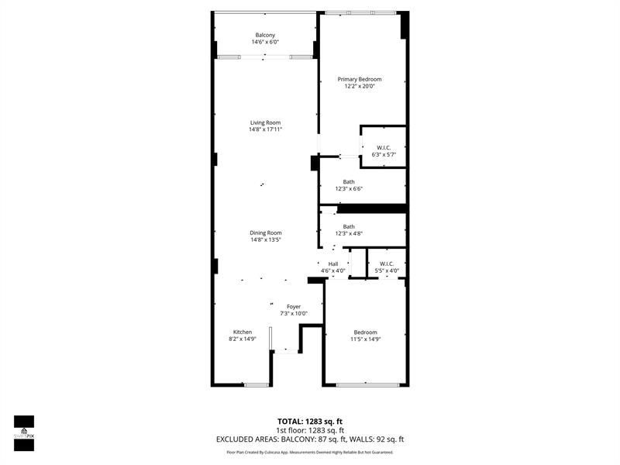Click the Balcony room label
265,35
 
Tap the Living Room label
265,122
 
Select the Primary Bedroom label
360,79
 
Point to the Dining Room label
265,232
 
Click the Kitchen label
242,332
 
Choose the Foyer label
294,307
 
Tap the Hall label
333,263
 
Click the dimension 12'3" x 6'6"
349,188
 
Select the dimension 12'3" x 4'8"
349,233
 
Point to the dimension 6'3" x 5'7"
384,154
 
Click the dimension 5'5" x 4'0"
387,270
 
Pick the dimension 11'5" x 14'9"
366,339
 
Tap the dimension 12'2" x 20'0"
360,86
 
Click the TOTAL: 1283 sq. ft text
310,422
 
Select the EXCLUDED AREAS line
310,439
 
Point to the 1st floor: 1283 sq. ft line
310,430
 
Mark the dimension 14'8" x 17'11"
265,129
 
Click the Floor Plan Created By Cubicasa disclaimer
310,452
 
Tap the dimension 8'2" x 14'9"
242,339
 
